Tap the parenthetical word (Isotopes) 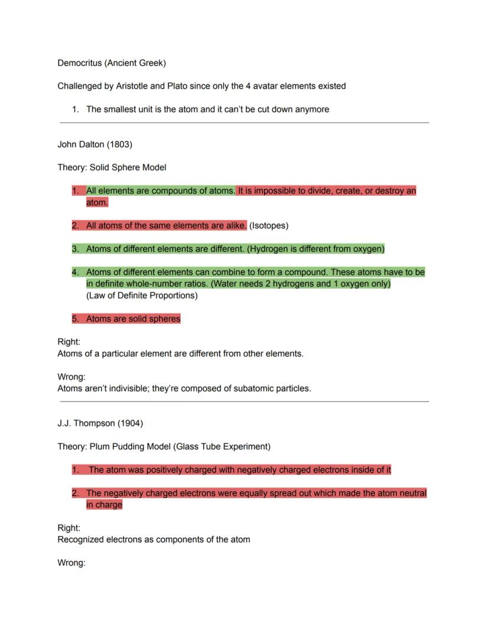pos(269,225)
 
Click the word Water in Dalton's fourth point pos(227,284)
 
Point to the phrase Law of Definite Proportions pos(142,296)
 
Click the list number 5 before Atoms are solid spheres pos(75,319)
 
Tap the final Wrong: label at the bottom pos(71,563)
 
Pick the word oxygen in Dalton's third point pos(367,249)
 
